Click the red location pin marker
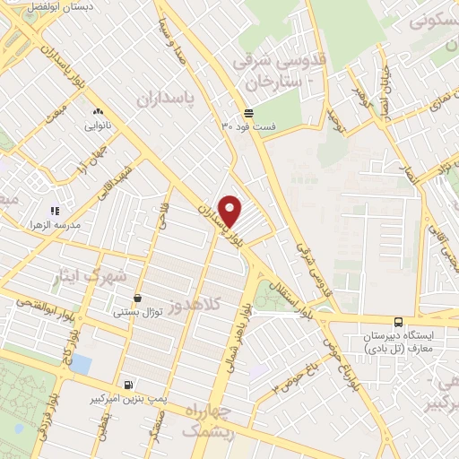coord(230,211)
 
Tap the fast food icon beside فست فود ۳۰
coord(248,114)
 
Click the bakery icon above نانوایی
coord(98,111)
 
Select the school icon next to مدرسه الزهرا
coord(56,212)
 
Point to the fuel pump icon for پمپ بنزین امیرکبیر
coord(131,384)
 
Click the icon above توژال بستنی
coord(137,299)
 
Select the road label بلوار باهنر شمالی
coord(232,345)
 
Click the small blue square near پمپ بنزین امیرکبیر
coord(81,364)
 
